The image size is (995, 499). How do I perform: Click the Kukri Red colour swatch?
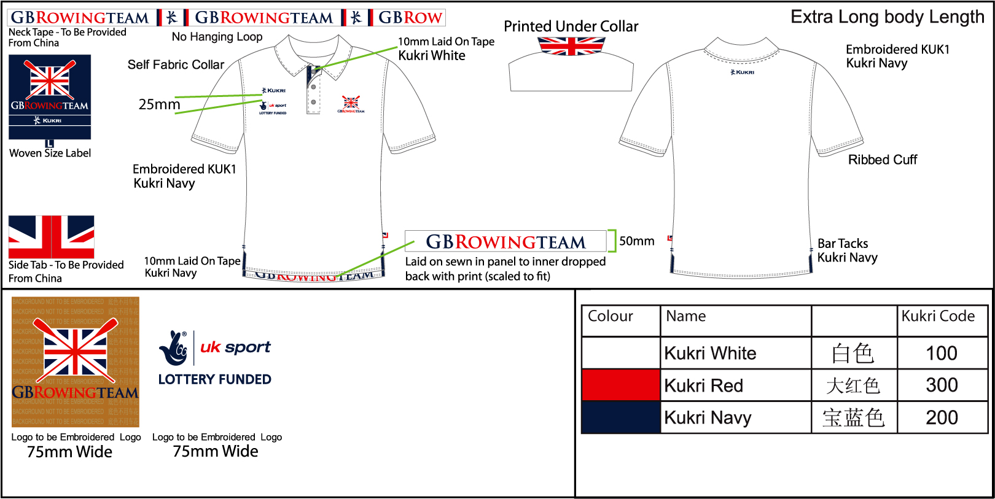pos(620,385)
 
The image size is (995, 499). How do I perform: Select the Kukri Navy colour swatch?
pos(620,417)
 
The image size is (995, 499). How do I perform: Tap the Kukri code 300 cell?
pos(942,385)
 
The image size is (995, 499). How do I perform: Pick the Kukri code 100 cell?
pos(942,353)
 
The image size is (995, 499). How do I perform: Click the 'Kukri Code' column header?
pos(938,316)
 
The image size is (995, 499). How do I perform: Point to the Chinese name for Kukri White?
pos(853,354)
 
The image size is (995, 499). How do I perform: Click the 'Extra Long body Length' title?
pos(887,17)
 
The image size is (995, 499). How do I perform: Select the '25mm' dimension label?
pos(159,104)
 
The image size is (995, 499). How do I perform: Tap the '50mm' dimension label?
pos(636,241)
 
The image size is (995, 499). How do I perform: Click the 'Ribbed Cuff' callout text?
pos(882,160)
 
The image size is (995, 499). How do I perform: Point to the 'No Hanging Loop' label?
pos(217,37)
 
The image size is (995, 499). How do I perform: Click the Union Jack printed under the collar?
pos(571,46)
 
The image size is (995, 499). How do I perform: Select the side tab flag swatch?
pos(52,237)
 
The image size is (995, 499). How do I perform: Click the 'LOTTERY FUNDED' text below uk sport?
pos(214,379)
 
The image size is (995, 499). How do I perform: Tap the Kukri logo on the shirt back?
pos(743,72)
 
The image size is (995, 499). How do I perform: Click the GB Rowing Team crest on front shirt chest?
pos(351,104)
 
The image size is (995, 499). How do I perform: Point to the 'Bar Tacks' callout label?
pos(843,244)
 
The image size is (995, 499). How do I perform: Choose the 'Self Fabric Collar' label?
pos(176,64)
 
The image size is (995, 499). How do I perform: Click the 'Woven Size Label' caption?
pos(50,153)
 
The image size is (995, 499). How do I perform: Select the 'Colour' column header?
pos(610,316)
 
